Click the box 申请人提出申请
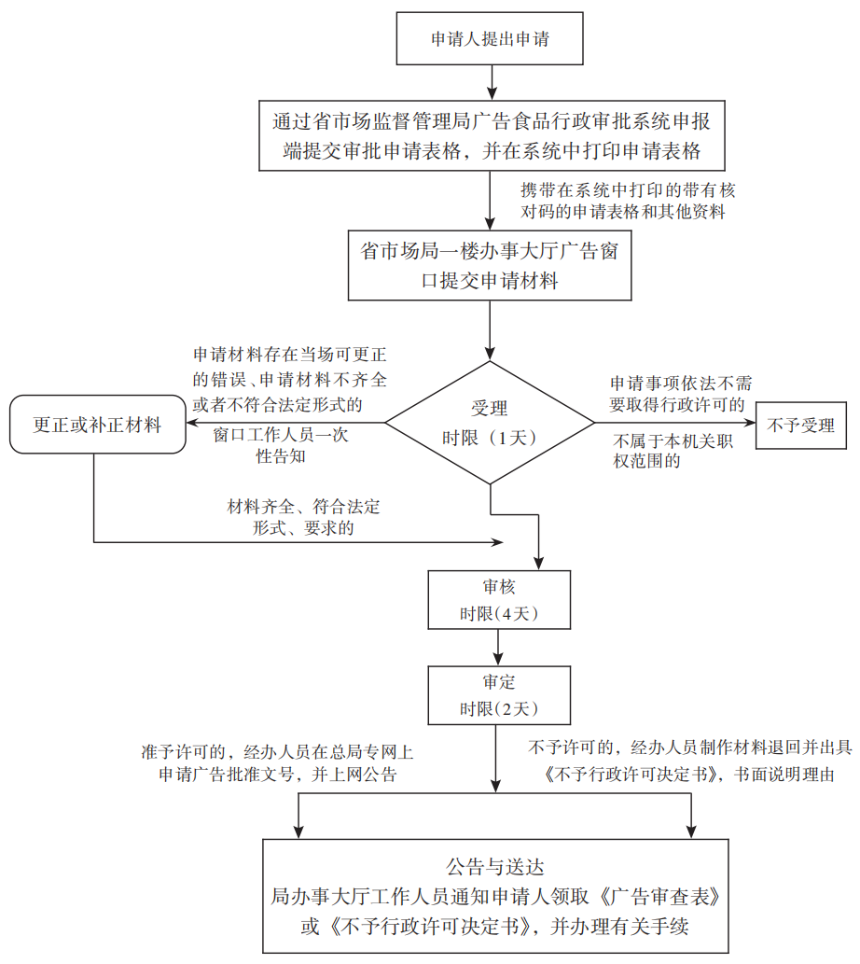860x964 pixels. point(490,39)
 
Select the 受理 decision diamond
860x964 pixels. point(490,423)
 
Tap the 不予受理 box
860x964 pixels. point(801,426)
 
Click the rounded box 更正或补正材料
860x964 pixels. point(97,426)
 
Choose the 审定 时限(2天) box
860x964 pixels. point(499,694)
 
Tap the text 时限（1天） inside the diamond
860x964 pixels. point(490,438)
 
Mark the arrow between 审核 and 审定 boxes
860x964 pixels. point(499,648)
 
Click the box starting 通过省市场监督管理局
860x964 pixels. point(490,135)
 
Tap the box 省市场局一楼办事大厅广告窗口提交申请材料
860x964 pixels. point(490,265)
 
